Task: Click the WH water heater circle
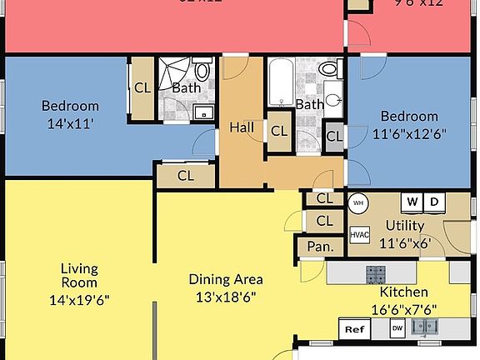tap(357, 202)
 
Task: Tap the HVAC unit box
tap(359, 235)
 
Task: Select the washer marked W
tap(412, 201)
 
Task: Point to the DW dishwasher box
tap(398, 329)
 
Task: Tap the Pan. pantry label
tap(320, 247)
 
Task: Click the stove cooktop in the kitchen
tap(377, 272)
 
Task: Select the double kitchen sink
tap(425, 327)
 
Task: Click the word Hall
tap(242, 127)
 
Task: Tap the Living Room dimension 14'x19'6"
tap(79, 299)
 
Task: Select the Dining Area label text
tap(226, 279)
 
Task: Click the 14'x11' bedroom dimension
tap(70, 121)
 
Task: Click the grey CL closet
tap(334, 136)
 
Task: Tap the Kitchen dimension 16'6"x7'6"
tap(403, 308)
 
